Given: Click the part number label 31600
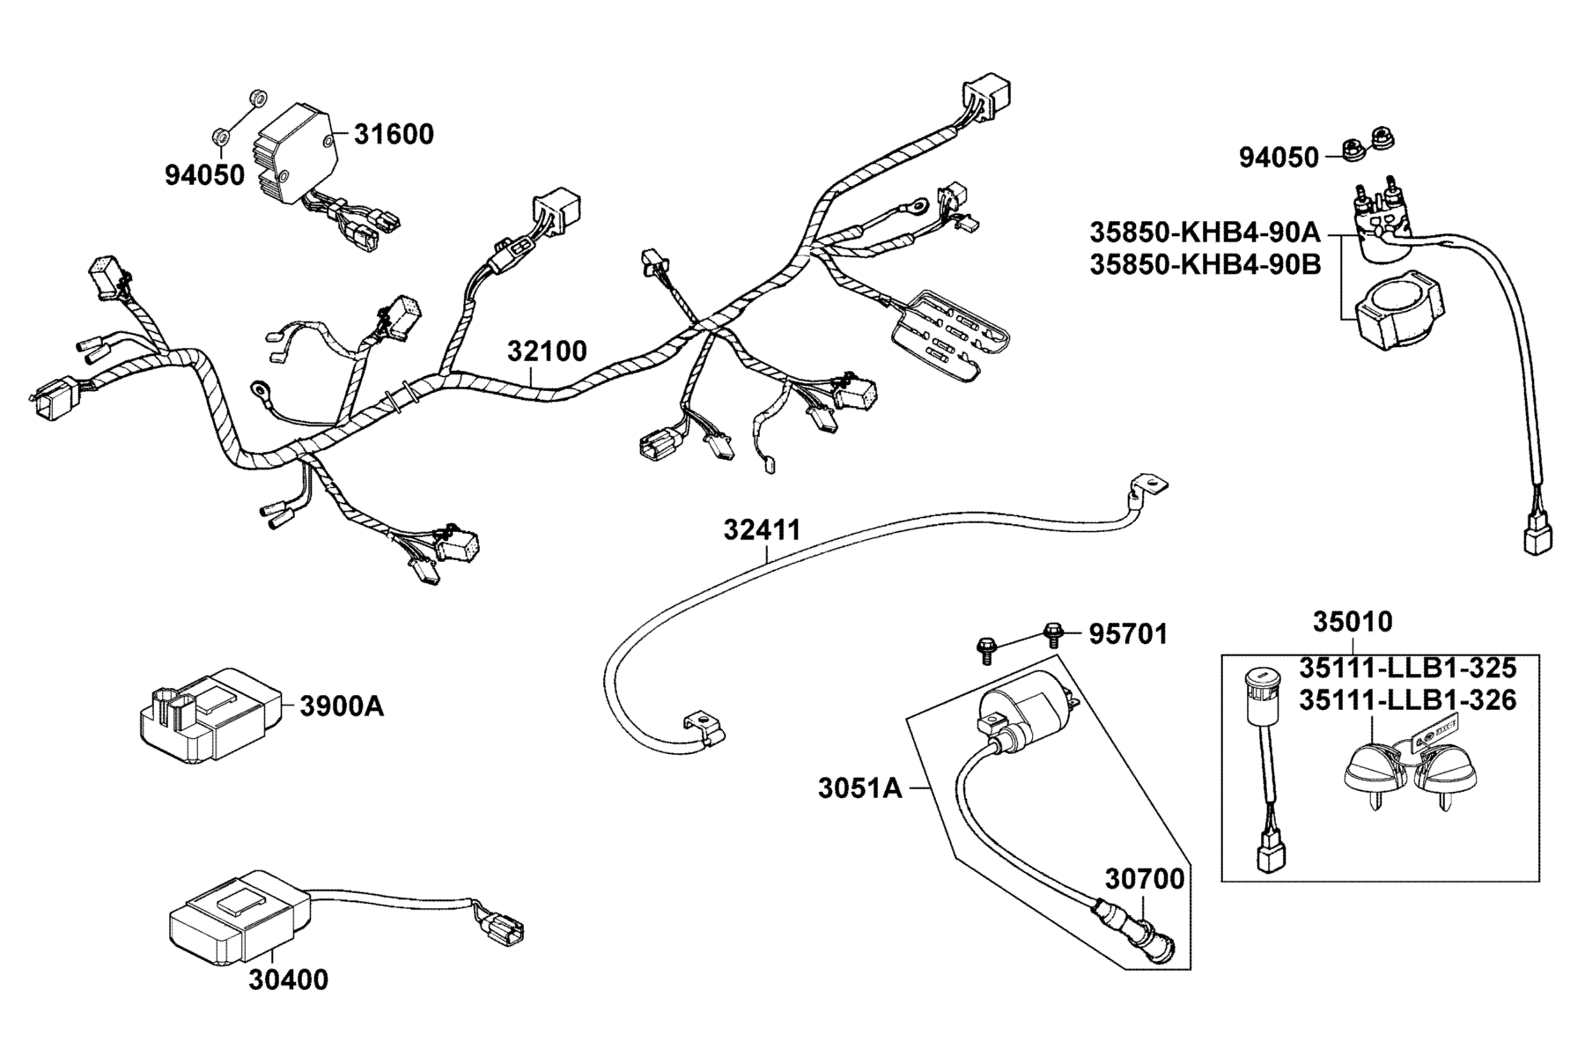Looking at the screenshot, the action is point(394,135).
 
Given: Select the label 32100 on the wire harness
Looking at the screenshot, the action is point(547,351).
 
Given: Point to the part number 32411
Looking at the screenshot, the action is point(763,530).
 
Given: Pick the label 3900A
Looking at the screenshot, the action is point(342,706).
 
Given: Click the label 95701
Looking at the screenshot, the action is point(1128,634).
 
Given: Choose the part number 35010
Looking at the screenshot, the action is point(1353,622).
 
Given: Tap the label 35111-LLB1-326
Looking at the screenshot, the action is point(1408,700).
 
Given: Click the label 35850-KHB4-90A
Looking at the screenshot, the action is point(1205,233).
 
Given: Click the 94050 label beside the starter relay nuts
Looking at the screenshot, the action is point(1279,158).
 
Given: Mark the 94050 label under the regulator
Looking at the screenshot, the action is point(205,175).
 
